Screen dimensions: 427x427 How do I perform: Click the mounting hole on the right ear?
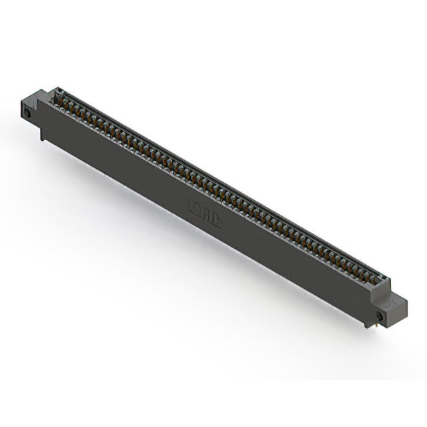[x=380, y=315]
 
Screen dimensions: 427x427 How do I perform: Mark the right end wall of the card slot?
[x=384, y=280]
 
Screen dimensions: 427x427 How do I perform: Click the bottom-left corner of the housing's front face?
[x=41, y=129]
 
